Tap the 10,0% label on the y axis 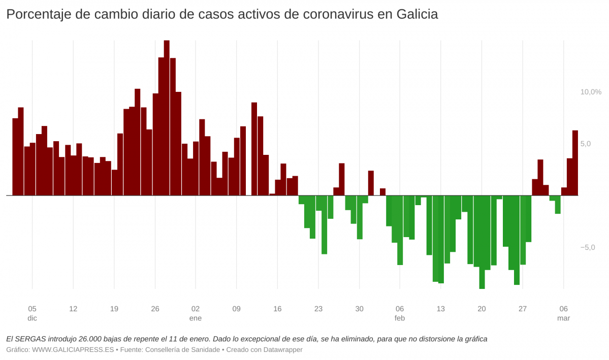point(591,92)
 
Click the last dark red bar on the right point(575,162)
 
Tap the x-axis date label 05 point(32,309)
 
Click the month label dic point(32,318)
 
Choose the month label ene point(196,318)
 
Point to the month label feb point(400,318)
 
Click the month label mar point(563,318)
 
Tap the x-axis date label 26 point(155,309)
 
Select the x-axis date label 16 point(277,309)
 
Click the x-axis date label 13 point(440,309)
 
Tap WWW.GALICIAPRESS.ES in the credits point(73,350)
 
